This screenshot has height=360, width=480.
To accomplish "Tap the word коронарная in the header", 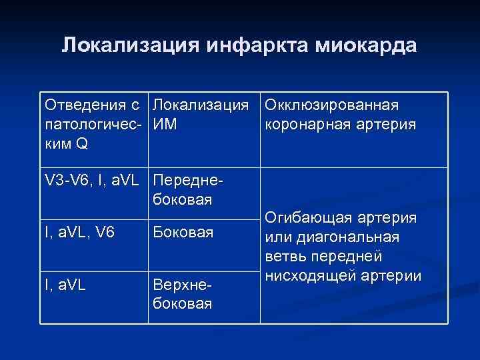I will coord(304,123).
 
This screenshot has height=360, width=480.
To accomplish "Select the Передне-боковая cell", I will coord(184,189).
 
